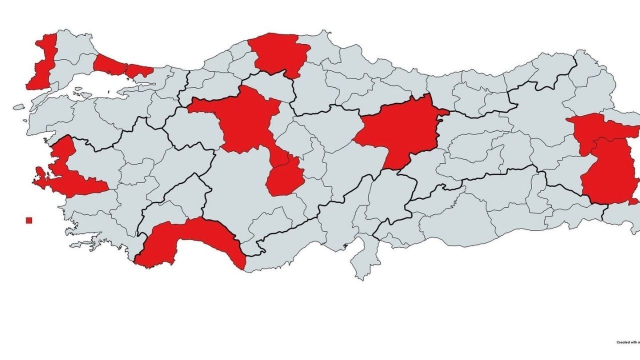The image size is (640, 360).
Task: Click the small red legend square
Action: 29,220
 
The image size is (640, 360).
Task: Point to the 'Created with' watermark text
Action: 627,342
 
